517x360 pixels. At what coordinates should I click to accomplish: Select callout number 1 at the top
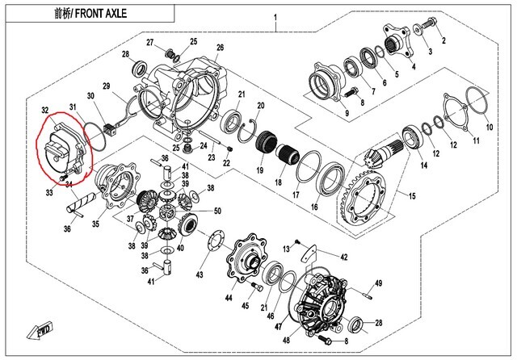point(275,18)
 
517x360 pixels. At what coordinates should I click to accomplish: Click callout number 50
point(216,211)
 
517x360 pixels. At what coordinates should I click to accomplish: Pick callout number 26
point(220,48)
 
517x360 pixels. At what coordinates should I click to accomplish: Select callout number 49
point(377,283)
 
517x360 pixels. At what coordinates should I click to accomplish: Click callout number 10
point(489,128)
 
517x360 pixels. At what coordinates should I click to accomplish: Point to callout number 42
point(343,257)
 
